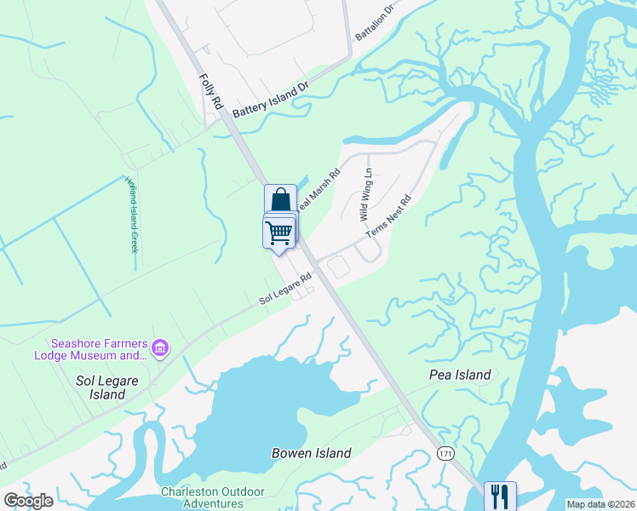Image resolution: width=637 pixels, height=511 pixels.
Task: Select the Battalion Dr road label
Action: (x=376, y=23)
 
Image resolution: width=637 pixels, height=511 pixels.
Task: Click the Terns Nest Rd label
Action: (x=389, y=217)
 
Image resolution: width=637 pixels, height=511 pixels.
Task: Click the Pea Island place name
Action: (x=460, y=375)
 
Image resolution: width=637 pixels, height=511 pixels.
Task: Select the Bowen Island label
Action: (x=311, y=453)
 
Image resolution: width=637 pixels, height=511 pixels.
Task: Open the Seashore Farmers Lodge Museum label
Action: (x=91, y=349)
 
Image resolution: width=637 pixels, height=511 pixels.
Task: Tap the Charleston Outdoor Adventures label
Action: (x=213, y=497)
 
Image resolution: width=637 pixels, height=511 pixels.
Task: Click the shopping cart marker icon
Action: (x=278, y=233)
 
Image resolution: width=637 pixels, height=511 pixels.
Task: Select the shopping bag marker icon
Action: (x=280, y=199)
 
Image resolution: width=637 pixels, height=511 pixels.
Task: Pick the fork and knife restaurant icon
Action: (x=499, y=496)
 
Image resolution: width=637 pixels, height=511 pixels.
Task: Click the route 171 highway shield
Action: (x=445, y=453)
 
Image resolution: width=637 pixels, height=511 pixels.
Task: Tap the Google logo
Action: (x=28, y=501)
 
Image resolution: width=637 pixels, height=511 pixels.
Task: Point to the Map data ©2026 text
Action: (x=600, y=504)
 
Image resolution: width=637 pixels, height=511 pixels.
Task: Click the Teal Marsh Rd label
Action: (x=318, y=191)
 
